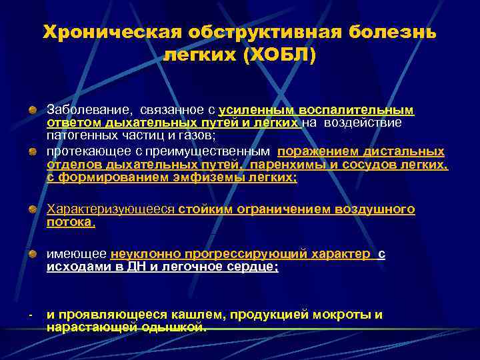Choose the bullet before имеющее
coord(32,254)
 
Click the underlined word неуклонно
coord(144,253)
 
